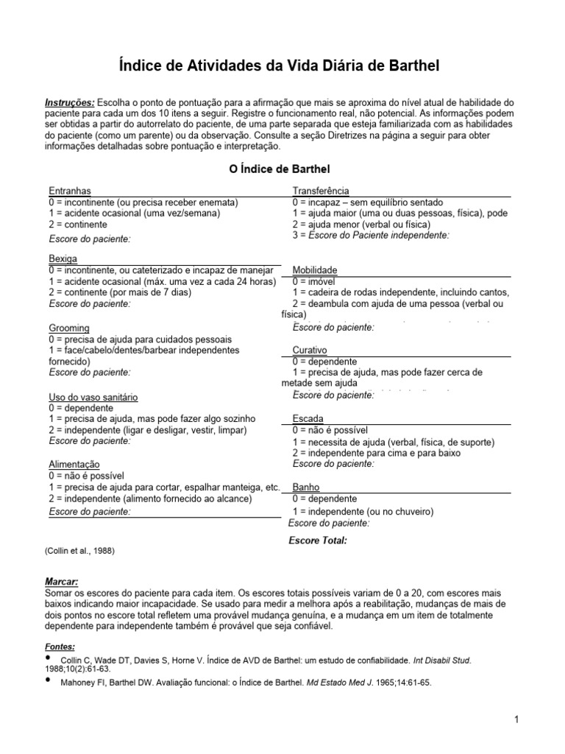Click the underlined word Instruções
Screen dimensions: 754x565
[x=70, y=102]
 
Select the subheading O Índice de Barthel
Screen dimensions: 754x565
[x=280, y=171]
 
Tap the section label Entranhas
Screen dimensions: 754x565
[x=70, y=191]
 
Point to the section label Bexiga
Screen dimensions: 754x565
[x=63, y=259]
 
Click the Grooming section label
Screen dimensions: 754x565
[x=69, y=328]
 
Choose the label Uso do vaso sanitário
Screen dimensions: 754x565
[x=93, y=396]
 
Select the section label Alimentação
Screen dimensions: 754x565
[x=74, y=465]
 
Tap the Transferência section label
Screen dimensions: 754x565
[x=321, y=191]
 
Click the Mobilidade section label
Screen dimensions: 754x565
[x=316, y=270]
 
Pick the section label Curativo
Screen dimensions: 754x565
[x=310, y=350]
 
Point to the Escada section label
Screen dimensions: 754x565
[x=308, y=418]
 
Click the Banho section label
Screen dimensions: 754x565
[x=306, y=487]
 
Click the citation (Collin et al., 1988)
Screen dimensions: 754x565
[x=80, y=550]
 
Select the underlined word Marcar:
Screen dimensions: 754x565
[x=61, y=581]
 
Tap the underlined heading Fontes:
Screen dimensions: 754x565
[x=60, y=646]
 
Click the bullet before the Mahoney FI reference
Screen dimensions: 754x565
[x=49, y=680]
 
